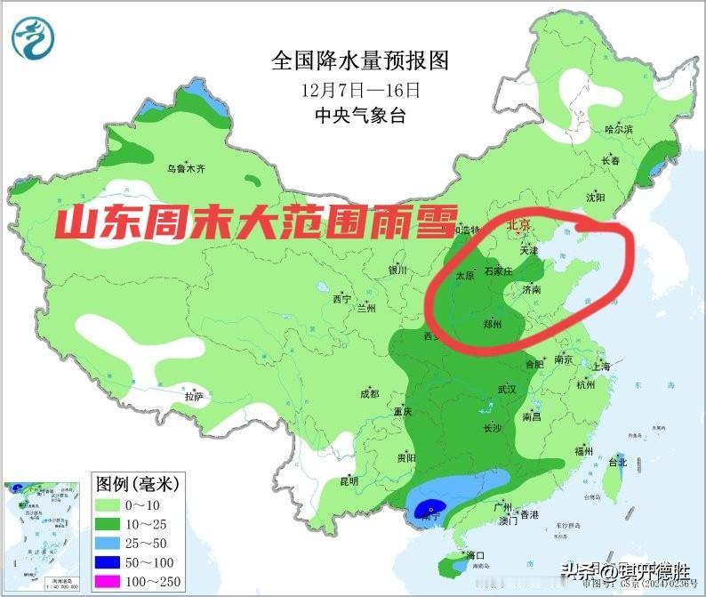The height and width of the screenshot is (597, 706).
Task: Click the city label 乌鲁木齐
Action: coord(186,167)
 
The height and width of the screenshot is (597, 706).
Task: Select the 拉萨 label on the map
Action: coord(194,395)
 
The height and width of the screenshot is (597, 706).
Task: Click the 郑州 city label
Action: coord(492,326)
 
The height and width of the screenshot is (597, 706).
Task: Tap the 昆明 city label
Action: coord(349,480)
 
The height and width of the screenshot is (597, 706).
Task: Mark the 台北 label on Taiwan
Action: coord(617,462)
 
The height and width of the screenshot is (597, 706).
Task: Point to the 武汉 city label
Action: coord(507,390)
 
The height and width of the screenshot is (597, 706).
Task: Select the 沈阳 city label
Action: coord(595,197)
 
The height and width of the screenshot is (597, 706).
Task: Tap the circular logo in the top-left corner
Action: coord(34,37)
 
